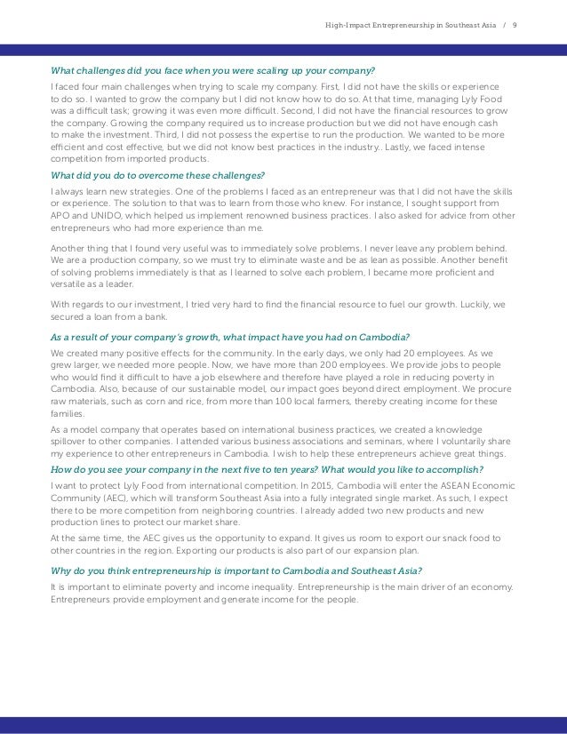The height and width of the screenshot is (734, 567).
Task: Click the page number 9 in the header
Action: coord(516,12)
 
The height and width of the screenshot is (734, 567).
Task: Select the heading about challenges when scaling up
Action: coord(212,70)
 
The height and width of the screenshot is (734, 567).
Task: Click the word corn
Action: coord(146,414)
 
